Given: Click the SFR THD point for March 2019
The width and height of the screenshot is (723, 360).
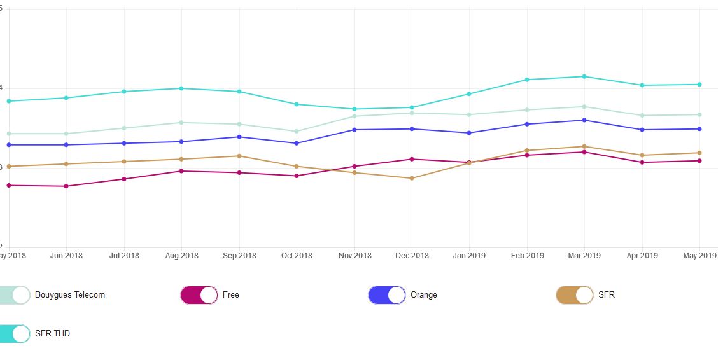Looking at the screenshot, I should (584, 77).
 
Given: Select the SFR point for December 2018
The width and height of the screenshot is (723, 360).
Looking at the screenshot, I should (412, 178).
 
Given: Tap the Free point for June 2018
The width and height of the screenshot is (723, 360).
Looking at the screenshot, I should (66, 186).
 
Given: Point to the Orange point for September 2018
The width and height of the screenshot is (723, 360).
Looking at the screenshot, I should (239, 137).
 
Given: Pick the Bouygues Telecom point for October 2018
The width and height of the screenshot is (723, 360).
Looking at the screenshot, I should (297, 132).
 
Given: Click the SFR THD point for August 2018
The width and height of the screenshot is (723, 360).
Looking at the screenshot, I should (181, 88).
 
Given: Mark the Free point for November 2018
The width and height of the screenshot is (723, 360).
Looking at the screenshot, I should (354, 167).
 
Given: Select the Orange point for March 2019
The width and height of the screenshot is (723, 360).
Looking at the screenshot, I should (584, 120).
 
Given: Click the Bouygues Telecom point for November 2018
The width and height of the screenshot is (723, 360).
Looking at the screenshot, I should (354, 116).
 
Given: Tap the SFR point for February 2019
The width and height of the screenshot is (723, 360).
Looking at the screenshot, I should (527, 151).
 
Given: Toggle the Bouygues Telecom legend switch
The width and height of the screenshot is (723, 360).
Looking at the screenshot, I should (15, 295).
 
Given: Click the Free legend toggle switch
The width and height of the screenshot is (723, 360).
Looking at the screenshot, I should (199, 295).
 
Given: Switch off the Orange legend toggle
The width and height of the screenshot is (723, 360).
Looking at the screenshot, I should (387, 295).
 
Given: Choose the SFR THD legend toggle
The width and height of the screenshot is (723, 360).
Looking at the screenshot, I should (15, 333).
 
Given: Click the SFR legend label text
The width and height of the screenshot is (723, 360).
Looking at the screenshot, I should (607, 295).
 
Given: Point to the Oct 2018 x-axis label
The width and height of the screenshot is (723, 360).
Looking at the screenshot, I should (297, 256).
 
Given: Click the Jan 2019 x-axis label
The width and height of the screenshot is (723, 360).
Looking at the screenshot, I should (469, 256).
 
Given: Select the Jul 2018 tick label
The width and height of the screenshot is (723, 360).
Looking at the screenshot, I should (124, 256).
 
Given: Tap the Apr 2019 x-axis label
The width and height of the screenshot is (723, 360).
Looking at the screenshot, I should (642, 256).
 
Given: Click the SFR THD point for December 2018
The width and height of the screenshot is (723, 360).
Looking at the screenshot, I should (412, 107).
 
